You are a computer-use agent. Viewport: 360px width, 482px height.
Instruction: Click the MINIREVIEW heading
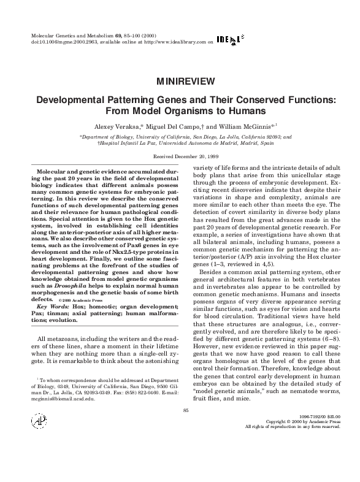click(180, 81)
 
